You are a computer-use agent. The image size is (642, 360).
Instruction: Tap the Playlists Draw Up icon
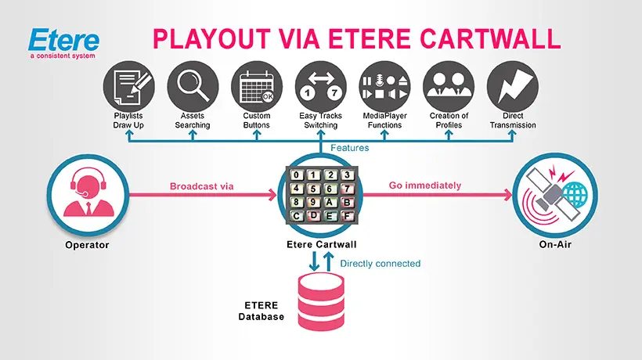(x=128, y=85)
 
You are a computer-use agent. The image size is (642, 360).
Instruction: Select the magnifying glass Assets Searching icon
(x=193, y=85)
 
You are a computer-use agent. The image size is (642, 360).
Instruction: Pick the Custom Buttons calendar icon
(x=257, y=85)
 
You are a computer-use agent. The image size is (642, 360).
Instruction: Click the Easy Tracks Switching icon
(x=321, y=85)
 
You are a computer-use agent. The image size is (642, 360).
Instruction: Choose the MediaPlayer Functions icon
(x=384, y=85)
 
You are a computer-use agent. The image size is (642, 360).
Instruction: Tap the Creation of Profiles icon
(x=449, y=85)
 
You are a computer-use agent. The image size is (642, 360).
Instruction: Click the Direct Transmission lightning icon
(x=513, y=85)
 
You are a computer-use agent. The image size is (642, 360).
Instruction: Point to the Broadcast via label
(x=202, y=186)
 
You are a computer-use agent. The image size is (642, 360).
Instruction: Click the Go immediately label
(x=424, y=185)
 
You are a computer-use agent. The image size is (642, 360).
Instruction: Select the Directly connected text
(x=381, y=264)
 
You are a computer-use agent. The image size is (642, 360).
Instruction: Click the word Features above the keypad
(x=349, y=147)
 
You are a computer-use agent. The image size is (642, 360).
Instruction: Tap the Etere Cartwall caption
(x=321, y=246)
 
